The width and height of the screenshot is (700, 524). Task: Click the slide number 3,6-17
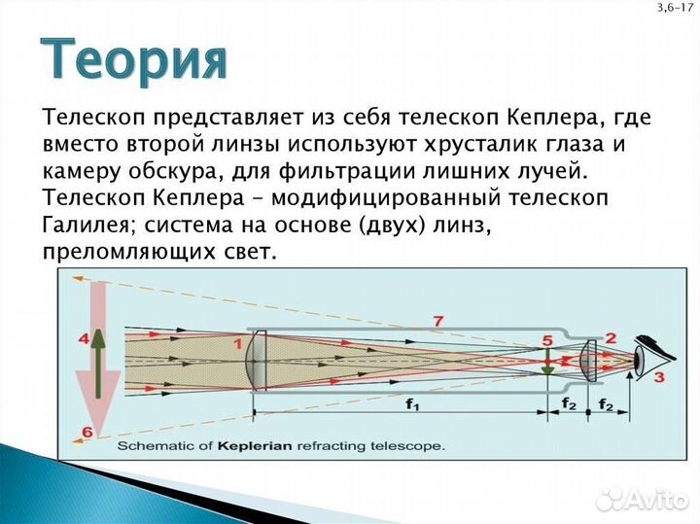(x=676, y=8)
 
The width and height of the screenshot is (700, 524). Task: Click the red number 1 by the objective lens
(x=237, y=342)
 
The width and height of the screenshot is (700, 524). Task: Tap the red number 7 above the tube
(x=438, y=321)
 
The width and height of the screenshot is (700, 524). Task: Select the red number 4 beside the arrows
(x=84, y=339)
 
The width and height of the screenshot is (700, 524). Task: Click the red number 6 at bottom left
(x=87, y=432)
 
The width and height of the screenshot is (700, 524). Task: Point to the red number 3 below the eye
(x=658, y=377)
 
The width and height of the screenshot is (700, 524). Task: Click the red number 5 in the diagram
(x=547, y=339)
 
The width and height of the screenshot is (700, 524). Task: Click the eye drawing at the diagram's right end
(x=647, y=354)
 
